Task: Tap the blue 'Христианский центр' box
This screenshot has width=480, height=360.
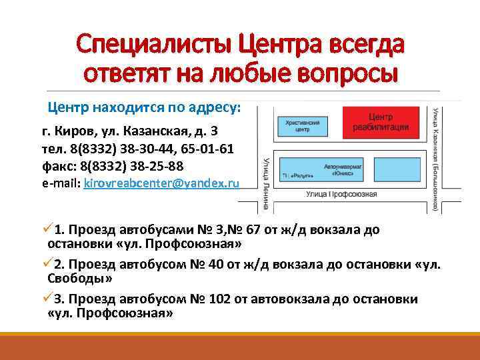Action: point(297,126)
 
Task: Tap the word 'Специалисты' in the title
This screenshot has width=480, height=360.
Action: point(153,46)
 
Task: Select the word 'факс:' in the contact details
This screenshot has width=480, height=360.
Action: point(57,165)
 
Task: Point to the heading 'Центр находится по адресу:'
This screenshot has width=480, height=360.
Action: point(144,107)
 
